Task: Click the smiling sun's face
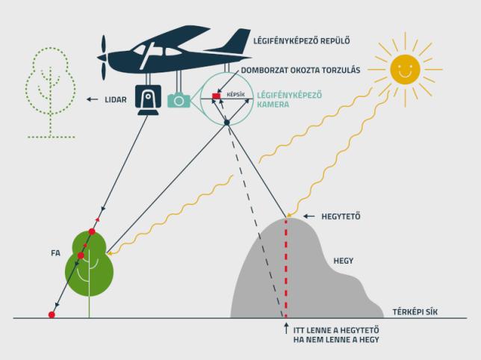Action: coord(405,69)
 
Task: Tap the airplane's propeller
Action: coord(104,58)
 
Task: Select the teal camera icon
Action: coord(179,100)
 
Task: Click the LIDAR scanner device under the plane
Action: coord(148,99)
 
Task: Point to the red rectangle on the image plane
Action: coord(217,96)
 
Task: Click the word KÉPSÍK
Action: coord(235,94)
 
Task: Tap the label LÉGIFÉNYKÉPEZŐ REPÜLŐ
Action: coord(302,41)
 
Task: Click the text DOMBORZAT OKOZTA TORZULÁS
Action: coord(300,70)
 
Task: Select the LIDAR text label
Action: coord(116,99)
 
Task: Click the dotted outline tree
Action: coord(51,93)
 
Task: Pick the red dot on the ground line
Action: coord(52,314)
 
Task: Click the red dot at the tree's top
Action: coord(92,232)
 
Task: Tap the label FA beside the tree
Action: coord(55,253)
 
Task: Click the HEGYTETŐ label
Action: coord(341,217)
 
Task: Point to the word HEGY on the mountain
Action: coord(344,261)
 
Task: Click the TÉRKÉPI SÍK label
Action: coord(415,312)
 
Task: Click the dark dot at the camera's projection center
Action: coord(227,122)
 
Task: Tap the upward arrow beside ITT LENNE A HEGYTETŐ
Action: coord(286,328)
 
